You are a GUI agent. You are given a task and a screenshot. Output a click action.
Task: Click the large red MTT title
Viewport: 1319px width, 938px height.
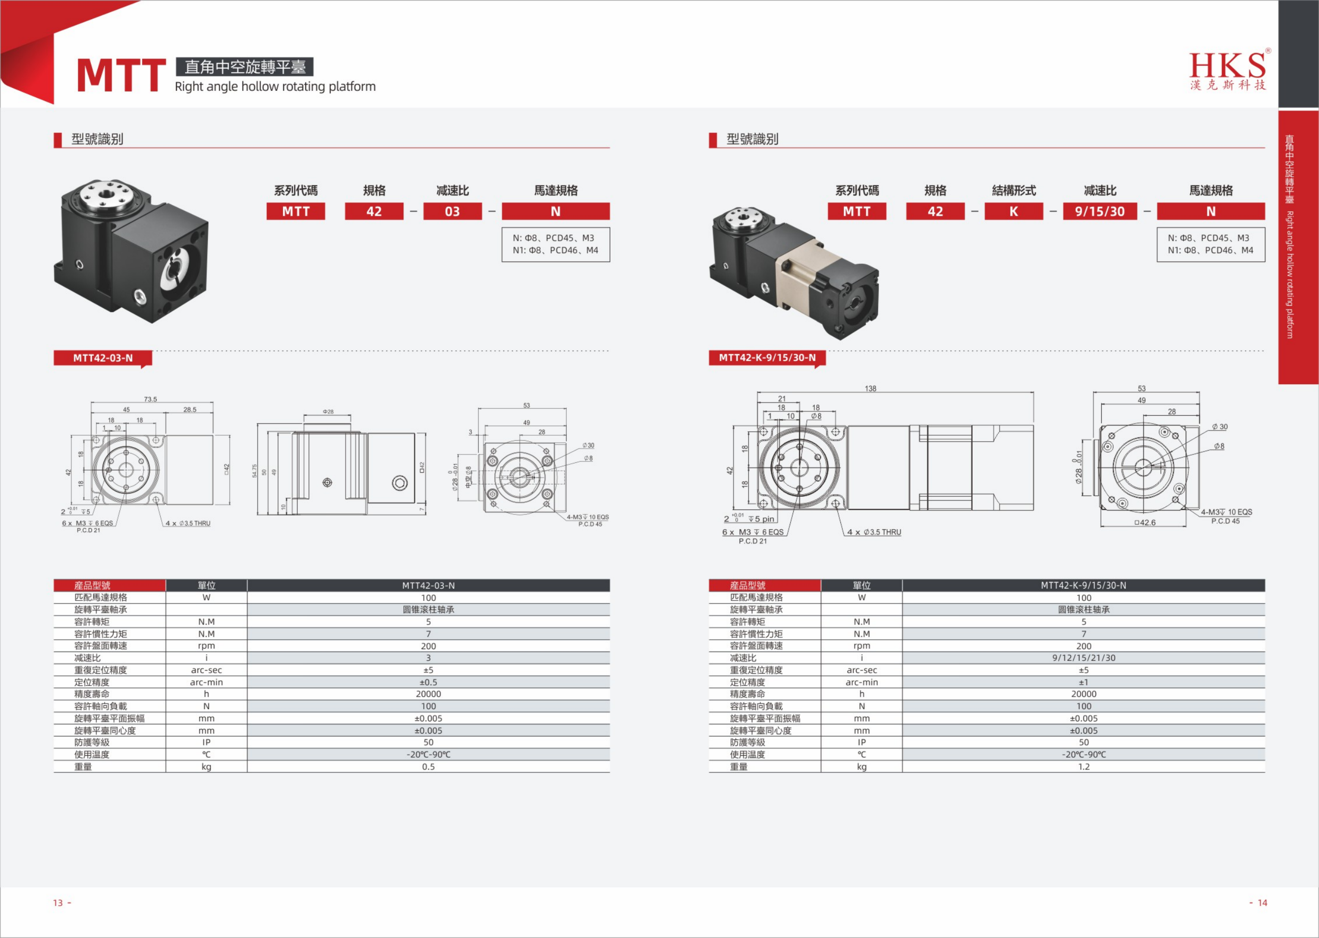tap(121, 76)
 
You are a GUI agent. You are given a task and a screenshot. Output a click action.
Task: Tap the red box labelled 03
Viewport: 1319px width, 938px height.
tap(452, 211)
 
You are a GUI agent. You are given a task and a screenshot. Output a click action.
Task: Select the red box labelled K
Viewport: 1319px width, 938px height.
tap(1013, 211)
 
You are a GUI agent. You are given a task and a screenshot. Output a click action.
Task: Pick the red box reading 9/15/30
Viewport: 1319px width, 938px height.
tap(1099, 211)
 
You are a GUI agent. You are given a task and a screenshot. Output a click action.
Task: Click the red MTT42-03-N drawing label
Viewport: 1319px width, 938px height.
tap(103, 358)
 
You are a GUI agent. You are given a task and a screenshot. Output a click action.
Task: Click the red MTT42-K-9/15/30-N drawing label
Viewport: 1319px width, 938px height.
tap(767, 358)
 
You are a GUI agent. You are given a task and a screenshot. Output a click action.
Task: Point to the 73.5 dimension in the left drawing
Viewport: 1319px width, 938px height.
tap(150, 399)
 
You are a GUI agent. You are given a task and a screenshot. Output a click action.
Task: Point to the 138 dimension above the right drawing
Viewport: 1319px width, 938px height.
tap(870, 389)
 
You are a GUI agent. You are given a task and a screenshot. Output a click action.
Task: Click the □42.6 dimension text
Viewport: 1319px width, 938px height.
tap(1145, 523)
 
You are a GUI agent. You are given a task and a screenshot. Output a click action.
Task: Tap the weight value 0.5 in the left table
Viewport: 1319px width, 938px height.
tap(428, 767)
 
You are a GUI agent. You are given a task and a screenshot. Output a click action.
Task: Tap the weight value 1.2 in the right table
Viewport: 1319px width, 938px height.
tap(1084, 767)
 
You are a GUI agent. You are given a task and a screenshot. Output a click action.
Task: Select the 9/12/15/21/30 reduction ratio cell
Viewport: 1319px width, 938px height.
tap(1084, 658)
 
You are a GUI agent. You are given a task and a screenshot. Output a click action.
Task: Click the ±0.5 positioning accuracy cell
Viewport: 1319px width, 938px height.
tap(428, 682)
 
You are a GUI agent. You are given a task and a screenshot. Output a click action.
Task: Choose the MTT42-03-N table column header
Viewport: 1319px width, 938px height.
tap(429, 586)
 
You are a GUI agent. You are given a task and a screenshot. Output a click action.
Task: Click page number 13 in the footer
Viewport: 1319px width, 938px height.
tap(58, 903)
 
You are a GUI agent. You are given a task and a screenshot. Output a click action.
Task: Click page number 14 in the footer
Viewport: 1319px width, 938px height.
tap(1262, 903)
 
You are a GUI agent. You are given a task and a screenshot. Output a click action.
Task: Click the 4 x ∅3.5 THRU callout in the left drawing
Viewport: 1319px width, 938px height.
tap(188, 523)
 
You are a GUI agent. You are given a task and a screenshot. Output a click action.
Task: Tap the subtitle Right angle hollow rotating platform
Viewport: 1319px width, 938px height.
tap(275, 86)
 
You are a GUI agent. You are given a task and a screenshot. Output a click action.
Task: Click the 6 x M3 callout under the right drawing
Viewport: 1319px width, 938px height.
tap(752, 532)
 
